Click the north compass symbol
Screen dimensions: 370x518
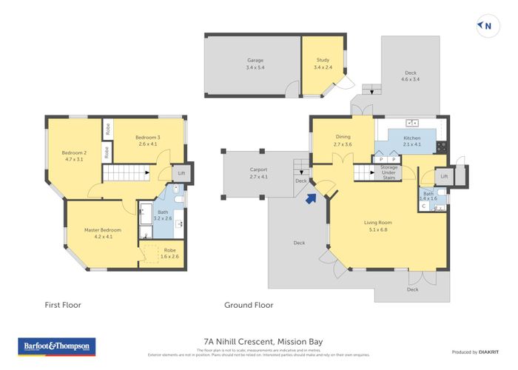(485, 26)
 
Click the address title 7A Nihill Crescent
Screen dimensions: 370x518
(258, 341)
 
